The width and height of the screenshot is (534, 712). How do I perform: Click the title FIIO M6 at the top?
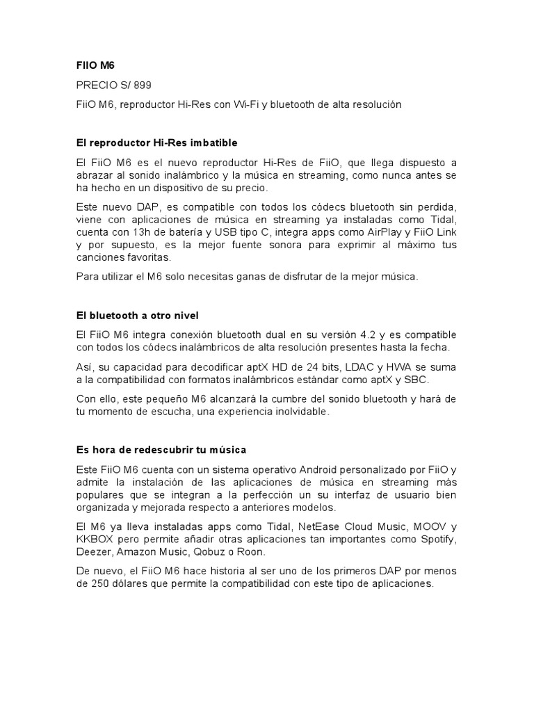[95, 65]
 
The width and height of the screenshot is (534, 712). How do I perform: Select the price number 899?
[142, 85]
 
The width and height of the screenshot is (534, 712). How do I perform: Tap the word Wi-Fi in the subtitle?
[245, 104]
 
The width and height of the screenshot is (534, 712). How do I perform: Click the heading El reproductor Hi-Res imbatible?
[156, 143]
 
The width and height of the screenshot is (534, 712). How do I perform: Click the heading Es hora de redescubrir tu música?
[161, 450]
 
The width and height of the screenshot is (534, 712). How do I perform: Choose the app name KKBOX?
[96, 540]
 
